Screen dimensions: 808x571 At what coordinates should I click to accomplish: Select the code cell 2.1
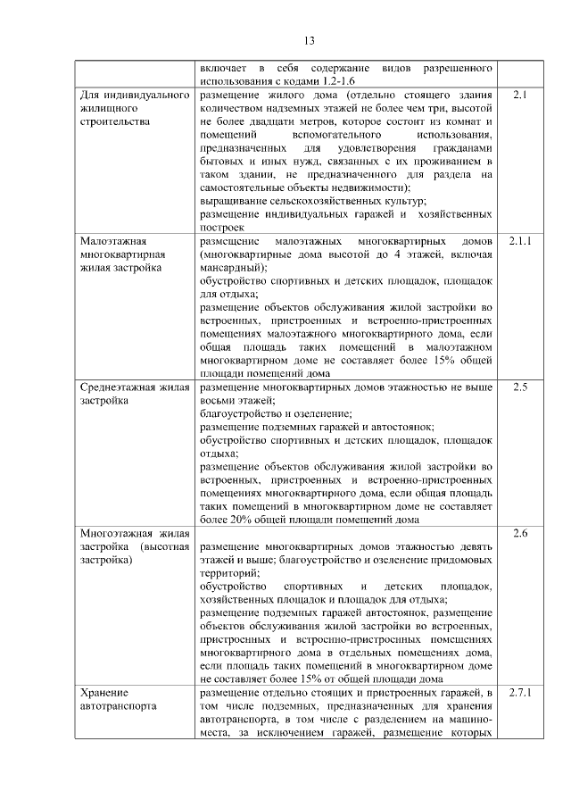522,93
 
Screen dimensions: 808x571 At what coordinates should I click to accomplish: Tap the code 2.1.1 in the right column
522,241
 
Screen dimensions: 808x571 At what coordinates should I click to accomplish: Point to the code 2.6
522,534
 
